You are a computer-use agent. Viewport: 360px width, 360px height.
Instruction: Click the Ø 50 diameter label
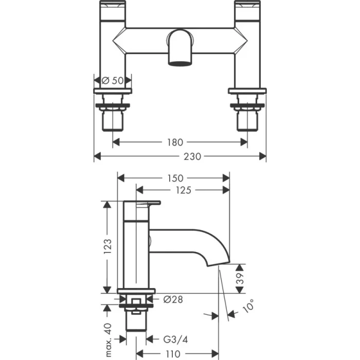[x=113, y=80]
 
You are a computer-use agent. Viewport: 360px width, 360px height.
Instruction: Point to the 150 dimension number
[x=174, y=178]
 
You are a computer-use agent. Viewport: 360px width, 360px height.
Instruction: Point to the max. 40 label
[x=107, y=327]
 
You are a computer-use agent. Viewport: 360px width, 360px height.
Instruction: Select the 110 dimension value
[x=173, y=353]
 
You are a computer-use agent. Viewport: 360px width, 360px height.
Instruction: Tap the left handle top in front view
[x=113, y=6]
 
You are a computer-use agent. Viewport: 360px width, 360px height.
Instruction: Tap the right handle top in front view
[x=247, y=6]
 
